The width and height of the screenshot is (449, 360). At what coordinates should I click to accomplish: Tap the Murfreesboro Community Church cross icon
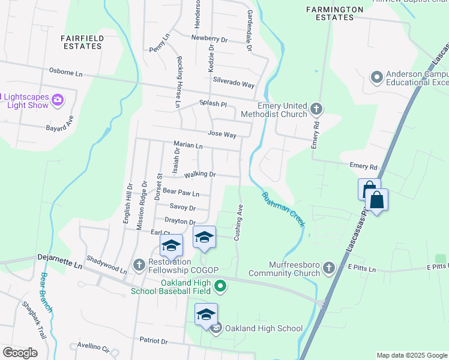coord(328,268)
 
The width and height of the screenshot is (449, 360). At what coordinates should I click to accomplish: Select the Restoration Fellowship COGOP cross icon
coord(139,264)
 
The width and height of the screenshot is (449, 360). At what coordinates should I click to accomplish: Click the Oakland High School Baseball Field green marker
coord(220,287)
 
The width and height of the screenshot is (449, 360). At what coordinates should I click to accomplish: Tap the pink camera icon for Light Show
coord(58,100)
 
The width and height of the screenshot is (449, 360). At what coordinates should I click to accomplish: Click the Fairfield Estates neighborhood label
coord(82,42)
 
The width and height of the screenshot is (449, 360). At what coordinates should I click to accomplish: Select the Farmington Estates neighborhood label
coord(334,13)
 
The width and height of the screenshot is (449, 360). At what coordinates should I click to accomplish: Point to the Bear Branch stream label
coord(46,292)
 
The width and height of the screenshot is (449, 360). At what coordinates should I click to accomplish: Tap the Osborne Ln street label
coord(65,73)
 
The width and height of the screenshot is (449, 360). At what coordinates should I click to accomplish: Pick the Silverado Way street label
coord(230,85)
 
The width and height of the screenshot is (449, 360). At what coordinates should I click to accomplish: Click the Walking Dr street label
coord(200,175)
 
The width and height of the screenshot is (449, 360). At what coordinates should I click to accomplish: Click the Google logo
coord(20,353)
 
